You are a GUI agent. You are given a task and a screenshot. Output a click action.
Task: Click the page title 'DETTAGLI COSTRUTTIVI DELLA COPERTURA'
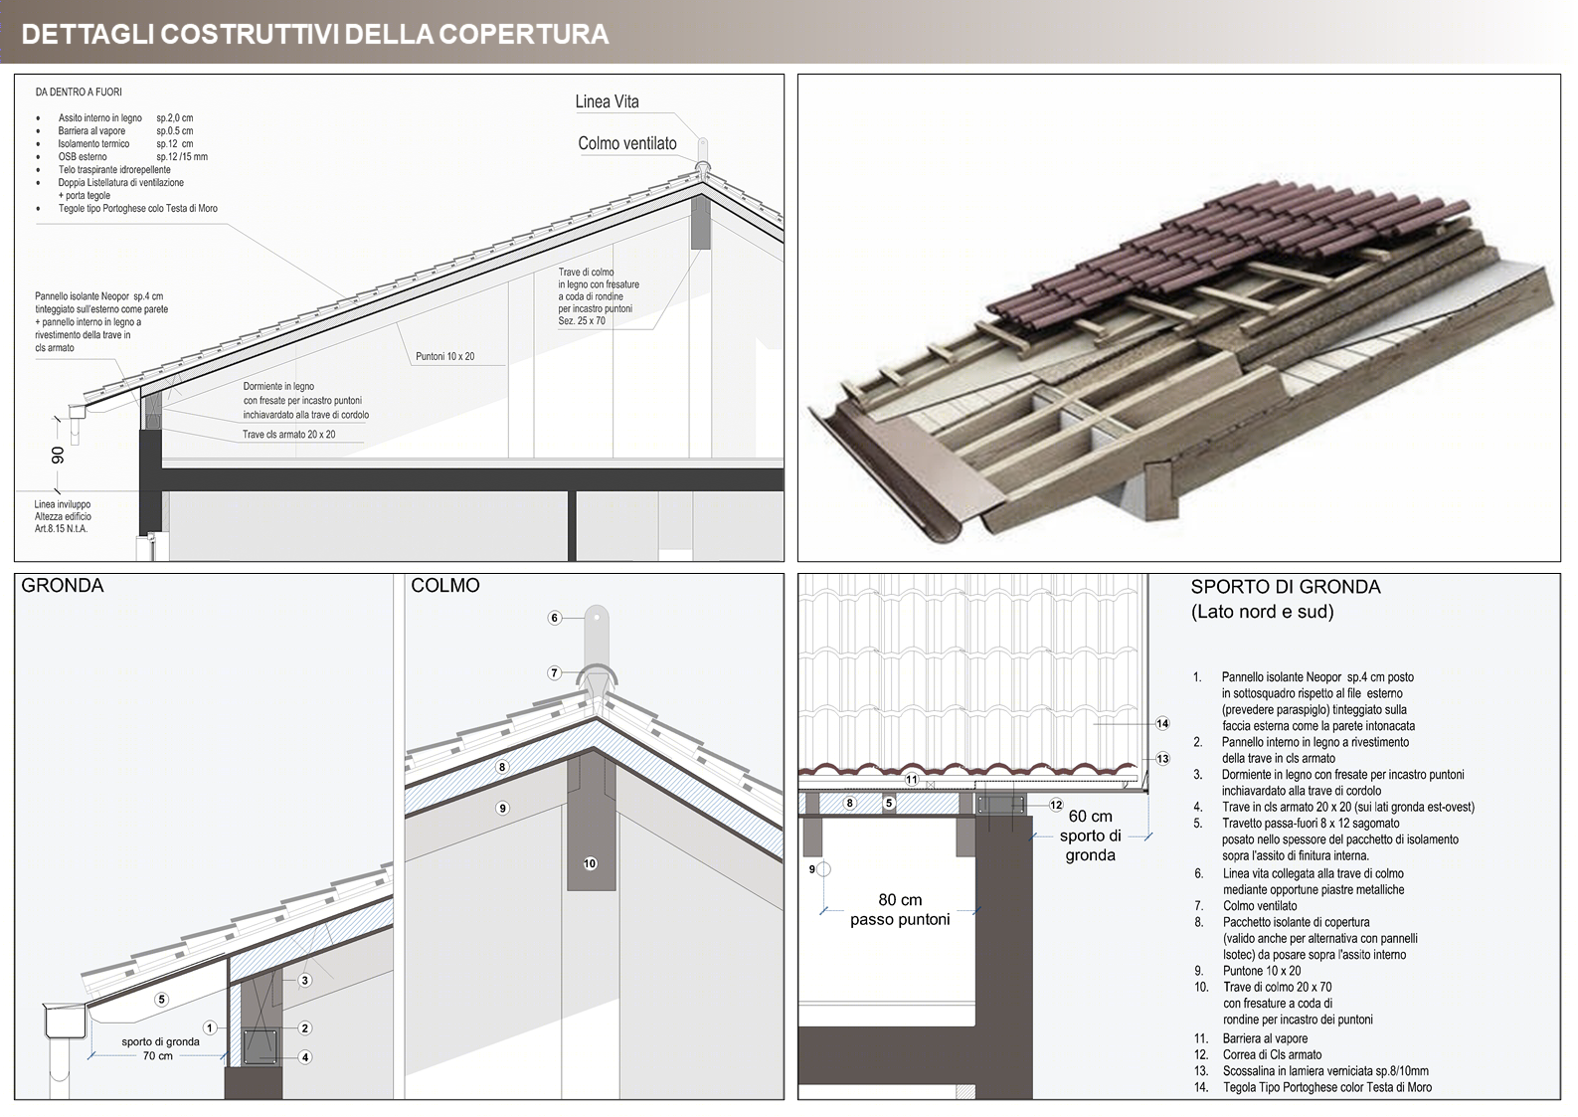[314, 34]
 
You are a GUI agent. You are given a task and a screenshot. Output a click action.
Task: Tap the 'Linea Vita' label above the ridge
[607, 101]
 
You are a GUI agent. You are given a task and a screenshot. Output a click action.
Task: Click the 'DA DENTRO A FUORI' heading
[79, 93]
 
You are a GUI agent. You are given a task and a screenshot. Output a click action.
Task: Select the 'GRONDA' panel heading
[63, 586]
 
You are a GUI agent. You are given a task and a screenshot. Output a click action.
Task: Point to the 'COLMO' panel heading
[445, 586]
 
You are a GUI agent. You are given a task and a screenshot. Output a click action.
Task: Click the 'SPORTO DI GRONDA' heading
[1286, 587]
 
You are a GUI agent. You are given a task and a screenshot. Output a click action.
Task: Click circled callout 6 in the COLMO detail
[555, 618]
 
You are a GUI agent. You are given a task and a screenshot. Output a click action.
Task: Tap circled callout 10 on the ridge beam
[590, 863]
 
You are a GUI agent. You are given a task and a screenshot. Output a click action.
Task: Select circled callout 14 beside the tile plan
[1162, 723]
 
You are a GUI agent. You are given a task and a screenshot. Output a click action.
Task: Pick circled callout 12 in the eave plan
[1056, 805]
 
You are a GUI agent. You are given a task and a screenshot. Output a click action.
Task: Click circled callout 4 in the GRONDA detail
[305, 1057]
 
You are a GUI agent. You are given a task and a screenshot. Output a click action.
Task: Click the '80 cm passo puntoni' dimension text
[900, 909]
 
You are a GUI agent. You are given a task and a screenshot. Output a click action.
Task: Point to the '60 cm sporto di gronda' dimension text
[1090, 836]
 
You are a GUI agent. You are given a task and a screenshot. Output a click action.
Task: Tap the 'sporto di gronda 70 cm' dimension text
[160, 1048]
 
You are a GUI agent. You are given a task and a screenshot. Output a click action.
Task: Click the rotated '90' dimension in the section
[59, 455]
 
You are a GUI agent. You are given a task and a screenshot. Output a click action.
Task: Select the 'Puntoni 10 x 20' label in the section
[444, 356]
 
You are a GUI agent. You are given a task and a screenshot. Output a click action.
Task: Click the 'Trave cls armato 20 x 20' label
[288, 435]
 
